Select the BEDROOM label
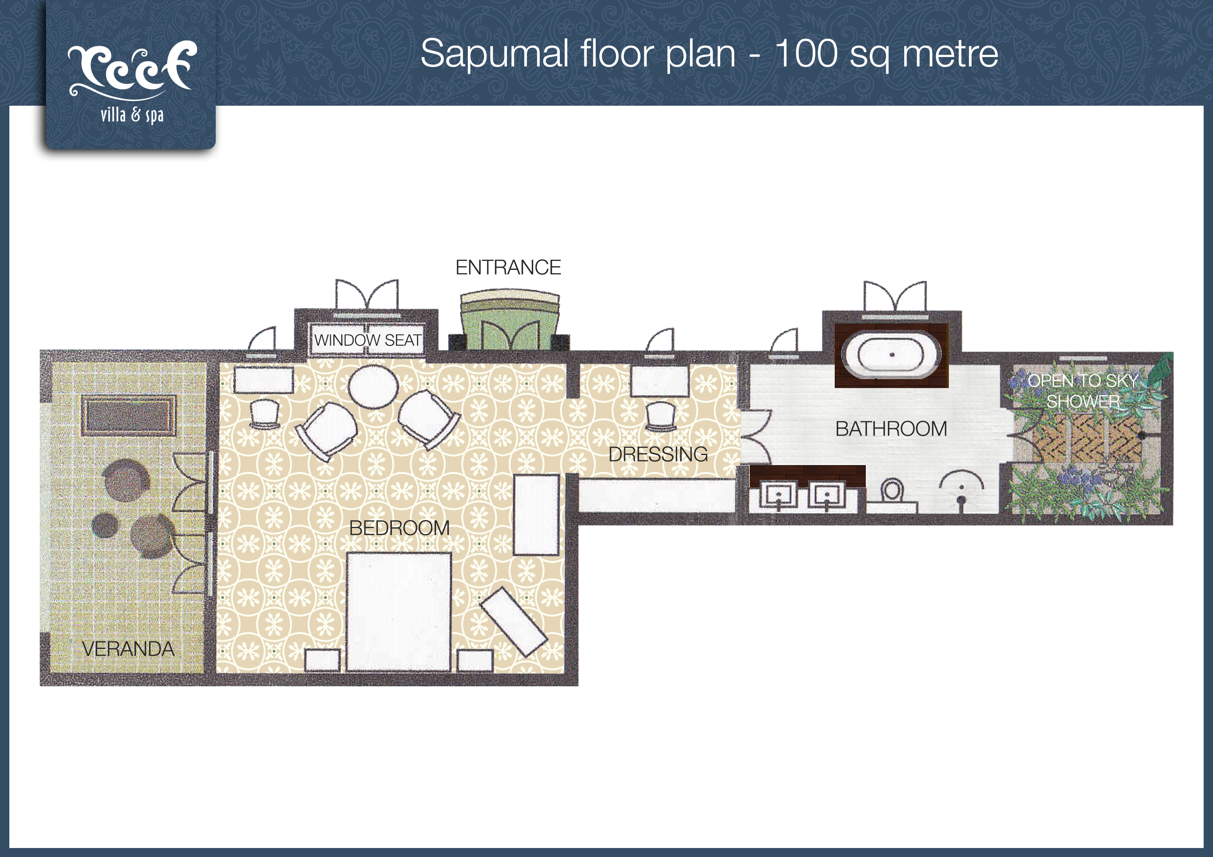pos(399,528)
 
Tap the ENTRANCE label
pos(508,268)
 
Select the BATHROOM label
pos(891,429)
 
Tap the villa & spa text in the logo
pos(132,115)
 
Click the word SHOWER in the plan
pos(1083,402)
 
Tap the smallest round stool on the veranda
pos(105,525)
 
